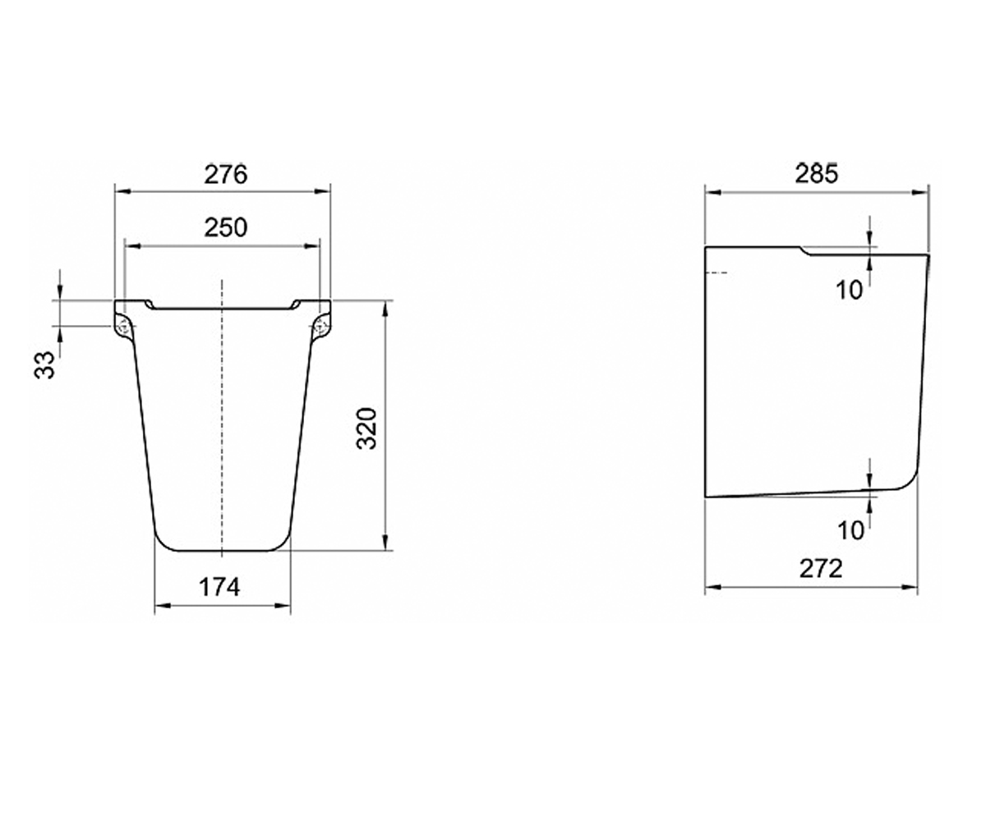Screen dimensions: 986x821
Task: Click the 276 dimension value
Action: [225, 175]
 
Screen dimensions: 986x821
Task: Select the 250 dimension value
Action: [225, 227]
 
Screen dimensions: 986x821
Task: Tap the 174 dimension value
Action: [219, 588]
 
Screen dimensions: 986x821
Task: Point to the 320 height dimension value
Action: [367, 428]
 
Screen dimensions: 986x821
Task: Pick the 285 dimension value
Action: [817, 173]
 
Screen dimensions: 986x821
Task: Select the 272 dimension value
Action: [821, 569]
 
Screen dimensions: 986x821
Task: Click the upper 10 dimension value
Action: [849, 290]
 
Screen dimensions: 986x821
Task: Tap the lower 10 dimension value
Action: [850, 530]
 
